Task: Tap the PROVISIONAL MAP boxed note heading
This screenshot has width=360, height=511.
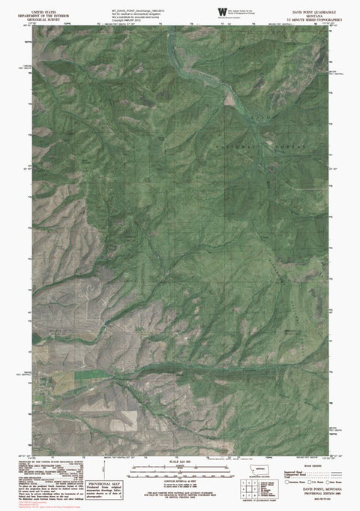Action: [x=104, y=484]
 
